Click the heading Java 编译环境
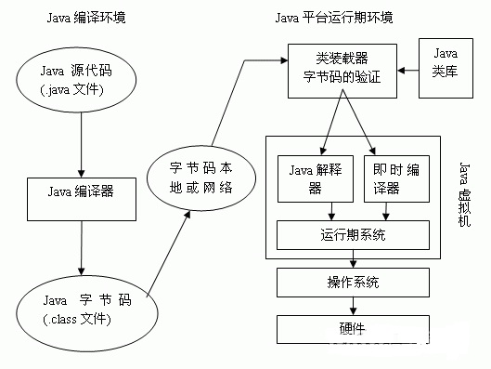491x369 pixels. [x=80, y=19]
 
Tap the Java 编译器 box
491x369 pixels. [x=81, y=194]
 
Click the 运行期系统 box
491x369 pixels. [x=354, y=235]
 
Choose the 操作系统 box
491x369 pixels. [x=353, y=282]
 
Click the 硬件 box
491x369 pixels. [x=353, y=327]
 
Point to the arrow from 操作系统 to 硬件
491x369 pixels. [x=353, y=304]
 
